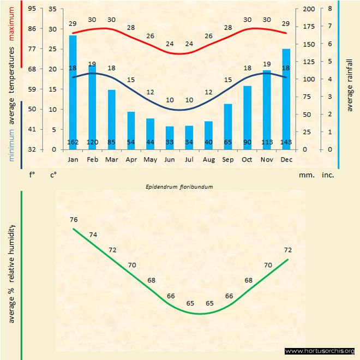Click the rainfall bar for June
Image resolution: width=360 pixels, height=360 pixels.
(x=170, y=137)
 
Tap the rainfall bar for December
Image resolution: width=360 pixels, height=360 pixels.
(x=286, y=99)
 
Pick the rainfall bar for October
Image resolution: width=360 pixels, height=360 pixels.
(x=247, y=117)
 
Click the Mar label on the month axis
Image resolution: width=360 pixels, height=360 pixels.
(x=111, y=160)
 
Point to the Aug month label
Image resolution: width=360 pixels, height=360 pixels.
(x=208, y=160)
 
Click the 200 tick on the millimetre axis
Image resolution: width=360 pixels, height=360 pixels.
(x=308, y=9)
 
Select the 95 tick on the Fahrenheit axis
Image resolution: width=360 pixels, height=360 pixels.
(x=32, y=9)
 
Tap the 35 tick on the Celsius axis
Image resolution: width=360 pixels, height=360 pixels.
(x=52, y=9)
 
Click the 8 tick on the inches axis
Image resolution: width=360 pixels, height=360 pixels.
(x=331, y=9)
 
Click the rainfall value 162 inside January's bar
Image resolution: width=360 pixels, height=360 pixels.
(x=73, y=142)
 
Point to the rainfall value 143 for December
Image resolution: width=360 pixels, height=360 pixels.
(x=286, y=142)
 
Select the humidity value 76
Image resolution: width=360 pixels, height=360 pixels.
(x=74, y=219)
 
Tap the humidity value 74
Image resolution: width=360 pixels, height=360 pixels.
(x=93, y=235)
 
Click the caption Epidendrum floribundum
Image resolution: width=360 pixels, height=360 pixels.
(x=178, y=187)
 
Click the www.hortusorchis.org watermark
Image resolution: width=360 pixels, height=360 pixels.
(x=320, y=351)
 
